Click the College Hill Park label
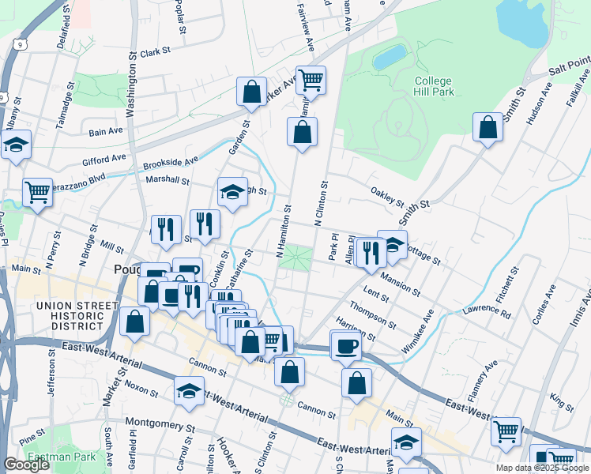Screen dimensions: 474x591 (433, 86)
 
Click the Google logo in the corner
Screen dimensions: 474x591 (26, 465)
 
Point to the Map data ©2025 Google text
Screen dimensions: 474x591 (541, 468)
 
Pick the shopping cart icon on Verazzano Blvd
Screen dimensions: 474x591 (37, 191)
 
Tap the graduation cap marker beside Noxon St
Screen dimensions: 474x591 (190, 391)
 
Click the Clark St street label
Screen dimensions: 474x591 (156, 52)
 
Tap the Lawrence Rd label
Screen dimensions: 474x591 (487, 312)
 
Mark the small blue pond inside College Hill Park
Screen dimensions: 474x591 (389, 57)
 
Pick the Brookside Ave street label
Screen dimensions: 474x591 (171, 162)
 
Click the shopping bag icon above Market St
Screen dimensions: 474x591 (135, 322)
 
